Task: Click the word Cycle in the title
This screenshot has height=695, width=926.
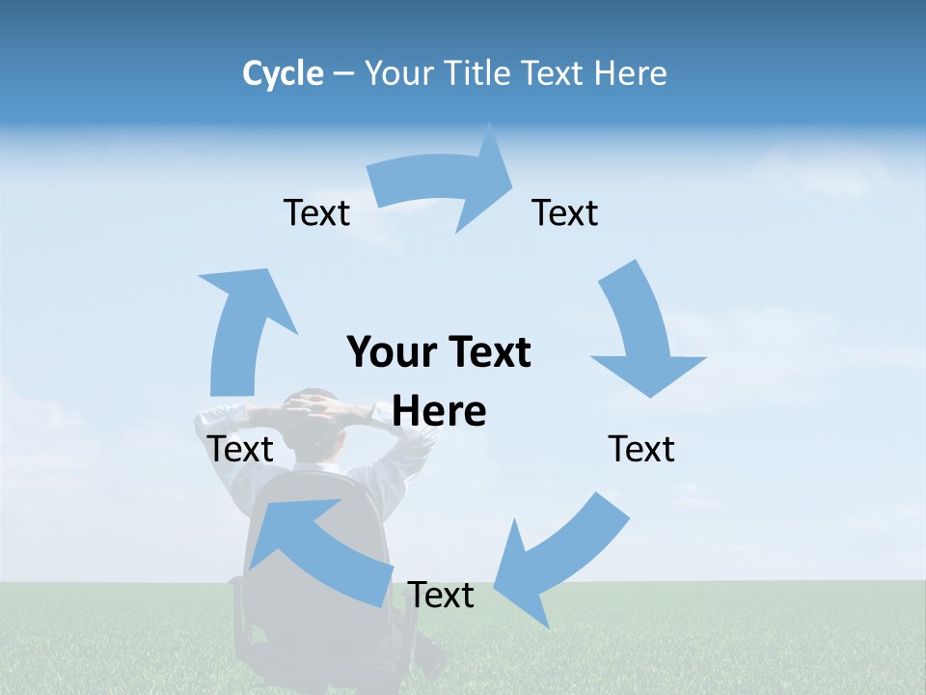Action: pyautogui.click(x=283, y=73)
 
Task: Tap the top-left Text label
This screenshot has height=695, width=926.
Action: pyautogui.click(x=316, y=212)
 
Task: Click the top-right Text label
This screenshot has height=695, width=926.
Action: pyautogui.click(x=565, y=212)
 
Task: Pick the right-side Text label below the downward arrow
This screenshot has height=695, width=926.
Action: pyautogui.click(x=641, y=449)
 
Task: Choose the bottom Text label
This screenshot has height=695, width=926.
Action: pyautogui.click(x=441, y=595)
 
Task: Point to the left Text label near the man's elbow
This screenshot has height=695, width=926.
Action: pyautogui.click(x=240, y=449)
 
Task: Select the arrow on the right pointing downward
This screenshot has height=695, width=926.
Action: pyautogui.click(x=641, y=333)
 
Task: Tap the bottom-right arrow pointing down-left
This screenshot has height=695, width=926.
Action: pyautogui.click(x=559, y=555)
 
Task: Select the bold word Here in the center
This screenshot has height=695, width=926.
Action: pyautogui.click(x=440, y=411)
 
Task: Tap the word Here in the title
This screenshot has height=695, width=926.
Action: pyautogui.click(x=630, y=73)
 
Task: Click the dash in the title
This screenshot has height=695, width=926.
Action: pyautogui.click(x=343, y=73)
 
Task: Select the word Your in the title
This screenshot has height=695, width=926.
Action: pyautogui.click(x=400, y=73)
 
